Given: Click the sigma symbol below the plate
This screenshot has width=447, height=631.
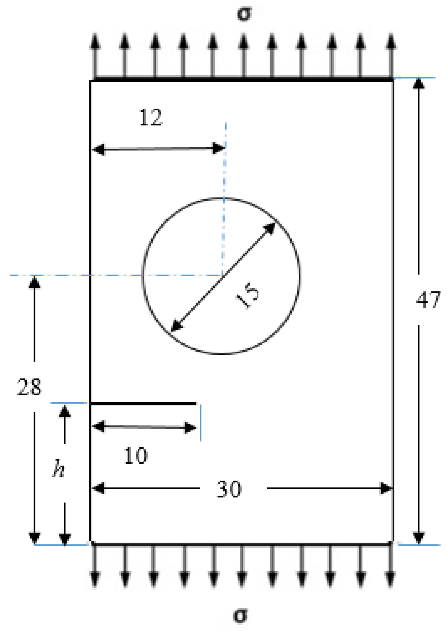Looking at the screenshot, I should (x=241, y=616).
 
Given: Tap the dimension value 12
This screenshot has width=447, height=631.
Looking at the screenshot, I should (x=151, y=117).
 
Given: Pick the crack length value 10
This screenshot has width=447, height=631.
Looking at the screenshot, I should (x=136, y=456).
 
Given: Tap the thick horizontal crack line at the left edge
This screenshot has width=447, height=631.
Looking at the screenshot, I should (x=143, y=404).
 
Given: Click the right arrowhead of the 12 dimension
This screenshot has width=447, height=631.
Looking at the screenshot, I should (x=219, y=148).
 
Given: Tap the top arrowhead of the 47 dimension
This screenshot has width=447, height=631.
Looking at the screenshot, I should (x=418, y=84).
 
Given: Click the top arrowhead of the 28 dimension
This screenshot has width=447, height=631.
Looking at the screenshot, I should (x=34, y=282).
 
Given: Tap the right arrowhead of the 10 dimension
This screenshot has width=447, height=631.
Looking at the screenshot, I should (x=190, y=428).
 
